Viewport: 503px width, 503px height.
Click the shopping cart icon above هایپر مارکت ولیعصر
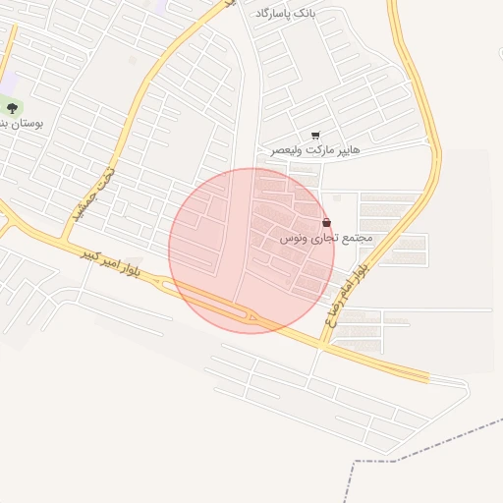point(315,136)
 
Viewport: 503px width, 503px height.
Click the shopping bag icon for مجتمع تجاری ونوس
point(326,223)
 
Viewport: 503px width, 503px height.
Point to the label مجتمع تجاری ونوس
point(324,239)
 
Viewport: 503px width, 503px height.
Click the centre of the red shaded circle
point(251,251)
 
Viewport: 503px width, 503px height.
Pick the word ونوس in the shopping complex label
point(293,239)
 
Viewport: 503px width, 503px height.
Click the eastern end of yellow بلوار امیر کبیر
point(427,377)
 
